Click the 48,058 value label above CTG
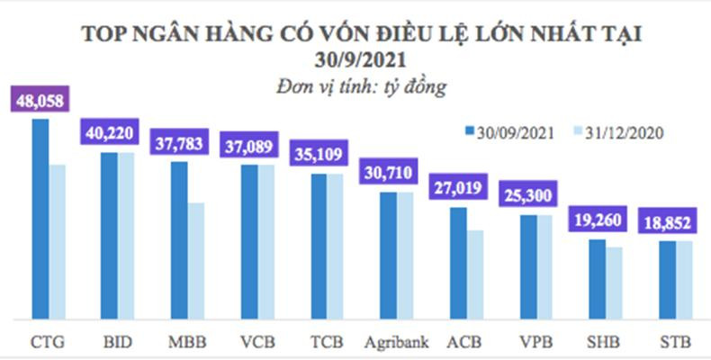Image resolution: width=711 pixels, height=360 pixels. click(x=41, y=99)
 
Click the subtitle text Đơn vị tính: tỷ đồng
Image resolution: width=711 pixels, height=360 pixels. click(x=361, y=87)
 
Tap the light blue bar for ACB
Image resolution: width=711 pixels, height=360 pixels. click(x=475, y=274)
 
